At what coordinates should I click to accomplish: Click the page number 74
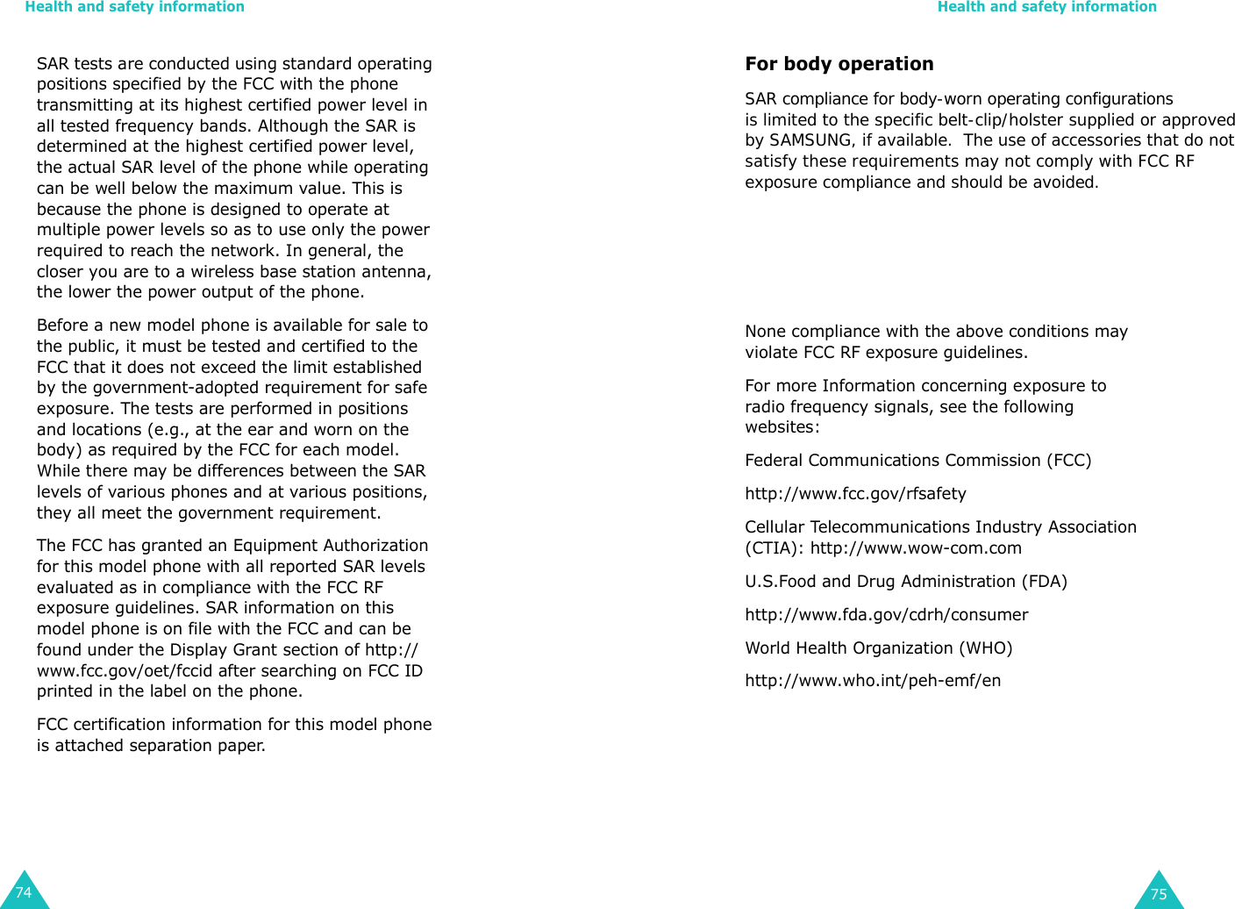[24, 892]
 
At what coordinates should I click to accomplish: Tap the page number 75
[1159, 894]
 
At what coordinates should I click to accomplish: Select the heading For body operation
[839, 64]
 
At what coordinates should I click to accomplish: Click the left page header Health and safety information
[134, 7]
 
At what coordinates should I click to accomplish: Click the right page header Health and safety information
[1046, 7]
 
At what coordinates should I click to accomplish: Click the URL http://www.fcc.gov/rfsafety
[855, 494]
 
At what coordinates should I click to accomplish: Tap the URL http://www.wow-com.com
[916, 548]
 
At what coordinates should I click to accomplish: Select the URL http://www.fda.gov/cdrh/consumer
[886, 615]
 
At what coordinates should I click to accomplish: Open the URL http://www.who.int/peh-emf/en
[873, 681]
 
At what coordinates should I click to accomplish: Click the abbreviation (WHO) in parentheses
[985, 648]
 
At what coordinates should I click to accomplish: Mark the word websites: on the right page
[782, 427]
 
